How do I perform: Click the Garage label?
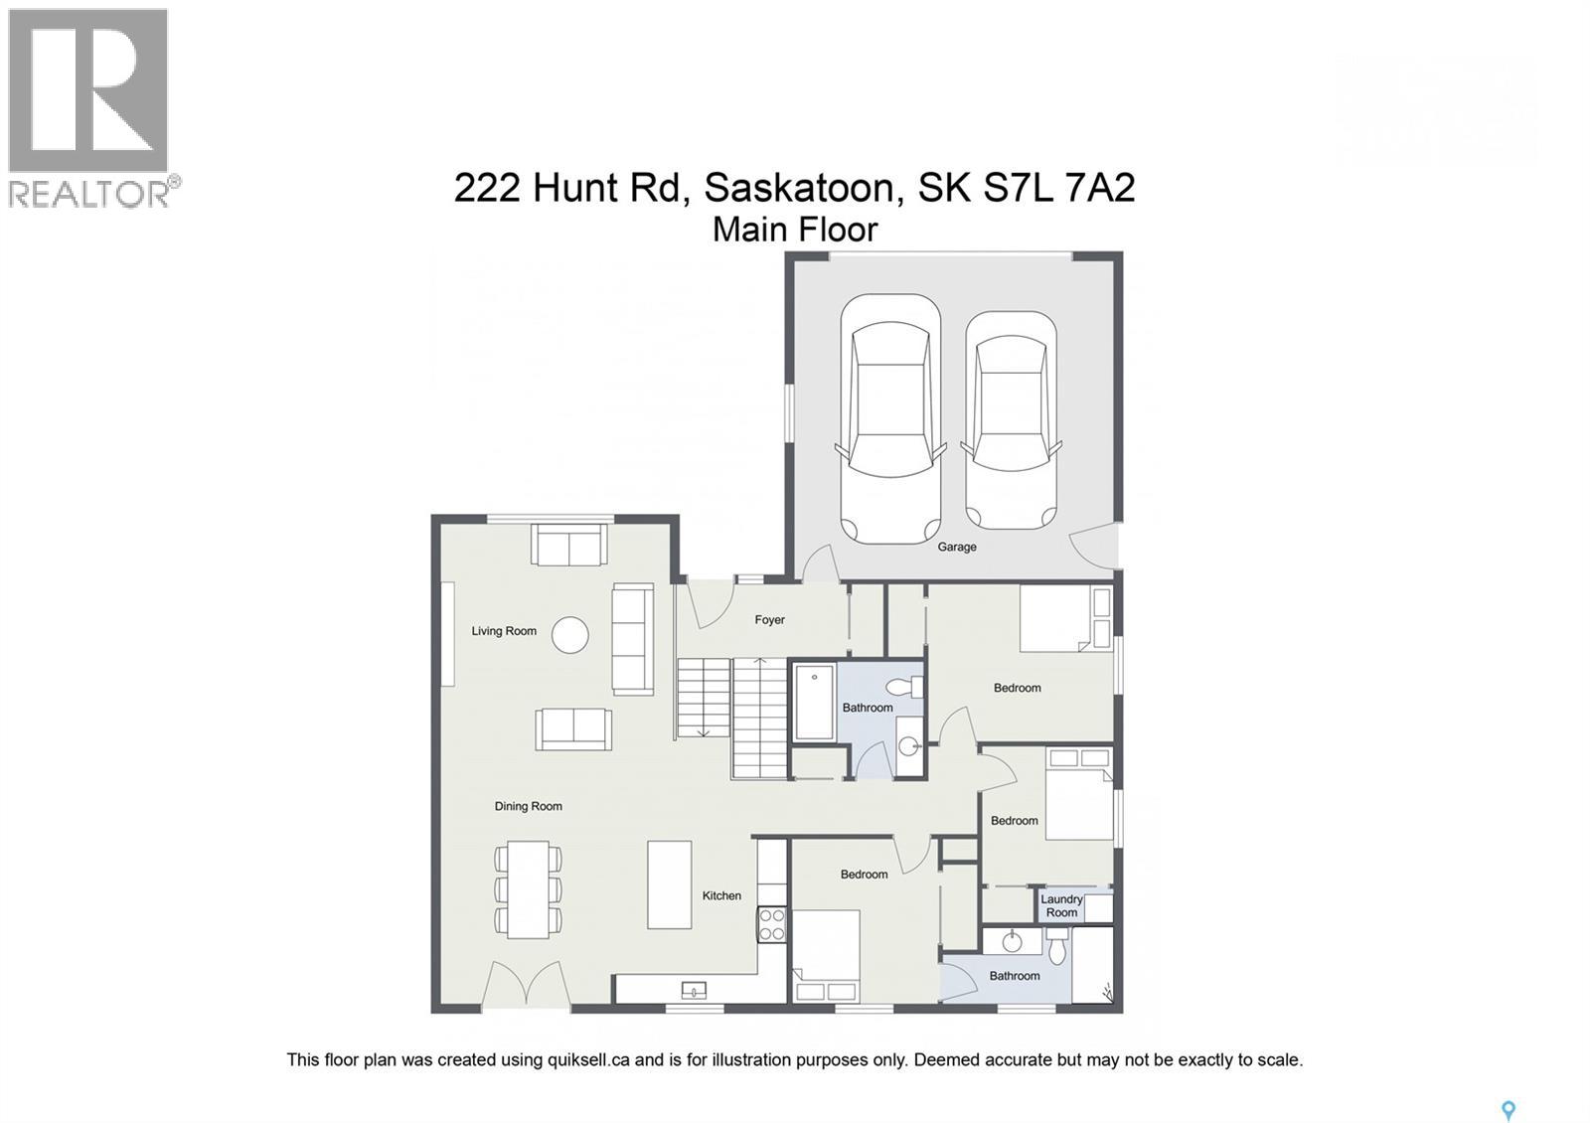[x=956, y=547]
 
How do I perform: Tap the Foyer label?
[x=769, y=620]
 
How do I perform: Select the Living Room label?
[x=504, y=631]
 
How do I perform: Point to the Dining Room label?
[x=528, y=806]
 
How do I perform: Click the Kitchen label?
[x=721, y=895]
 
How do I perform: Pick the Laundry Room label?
[x=1061, y=905]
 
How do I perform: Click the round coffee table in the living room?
[x=569, y=635]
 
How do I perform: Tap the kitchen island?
[x=669, y=884]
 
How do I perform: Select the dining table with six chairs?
[x=528, y=889]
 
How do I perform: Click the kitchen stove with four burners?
[x=772, y=925]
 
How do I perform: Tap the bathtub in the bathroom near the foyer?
[x=814, y=703]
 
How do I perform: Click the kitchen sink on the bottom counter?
[x=694, y=990]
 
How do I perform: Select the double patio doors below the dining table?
[x=527, y=986]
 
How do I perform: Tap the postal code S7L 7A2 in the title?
[x=1059, y=187]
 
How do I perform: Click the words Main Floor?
[x=795, y=230]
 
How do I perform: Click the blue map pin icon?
[x=1508, y=1110]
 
